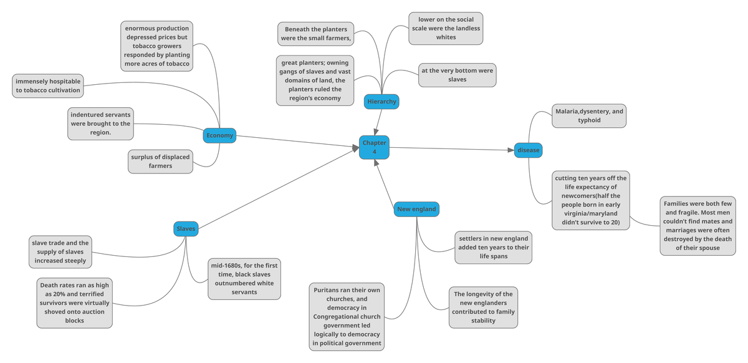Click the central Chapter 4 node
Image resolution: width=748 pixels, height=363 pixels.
(x=375, y=147)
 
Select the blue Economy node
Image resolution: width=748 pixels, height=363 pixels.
(x=219, y=135)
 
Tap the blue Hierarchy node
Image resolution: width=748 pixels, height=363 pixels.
(x=381, y=102)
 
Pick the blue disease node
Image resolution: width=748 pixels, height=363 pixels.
(x=528, y=150)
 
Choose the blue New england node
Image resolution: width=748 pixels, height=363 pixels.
(x=416, y=209)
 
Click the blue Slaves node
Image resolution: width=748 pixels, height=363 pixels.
(x=186, y=229)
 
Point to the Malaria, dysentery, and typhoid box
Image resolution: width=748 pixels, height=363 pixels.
(x=589, y=115)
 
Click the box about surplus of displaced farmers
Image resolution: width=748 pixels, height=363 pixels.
(x=160, y=161)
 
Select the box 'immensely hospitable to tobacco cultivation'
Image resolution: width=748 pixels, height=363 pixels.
(x=48, y=86)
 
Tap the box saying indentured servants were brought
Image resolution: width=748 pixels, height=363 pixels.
(x=100, y=123)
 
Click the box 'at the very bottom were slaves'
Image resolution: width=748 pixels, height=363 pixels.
(x=457, y=75)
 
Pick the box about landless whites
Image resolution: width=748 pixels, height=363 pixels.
(x=446, y=29)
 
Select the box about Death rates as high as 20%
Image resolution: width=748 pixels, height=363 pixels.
(x=75, y=302)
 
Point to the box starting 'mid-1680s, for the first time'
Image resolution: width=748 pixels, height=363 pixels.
(x=244, y=279)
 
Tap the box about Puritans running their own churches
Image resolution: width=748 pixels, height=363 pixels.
(x=347, y=316)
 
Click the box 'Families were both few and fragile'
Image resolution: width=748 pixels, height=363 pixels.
(x=698, y=226)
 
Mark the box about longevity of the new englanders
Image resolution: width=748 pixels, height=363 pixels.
(x=483, y=307)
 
